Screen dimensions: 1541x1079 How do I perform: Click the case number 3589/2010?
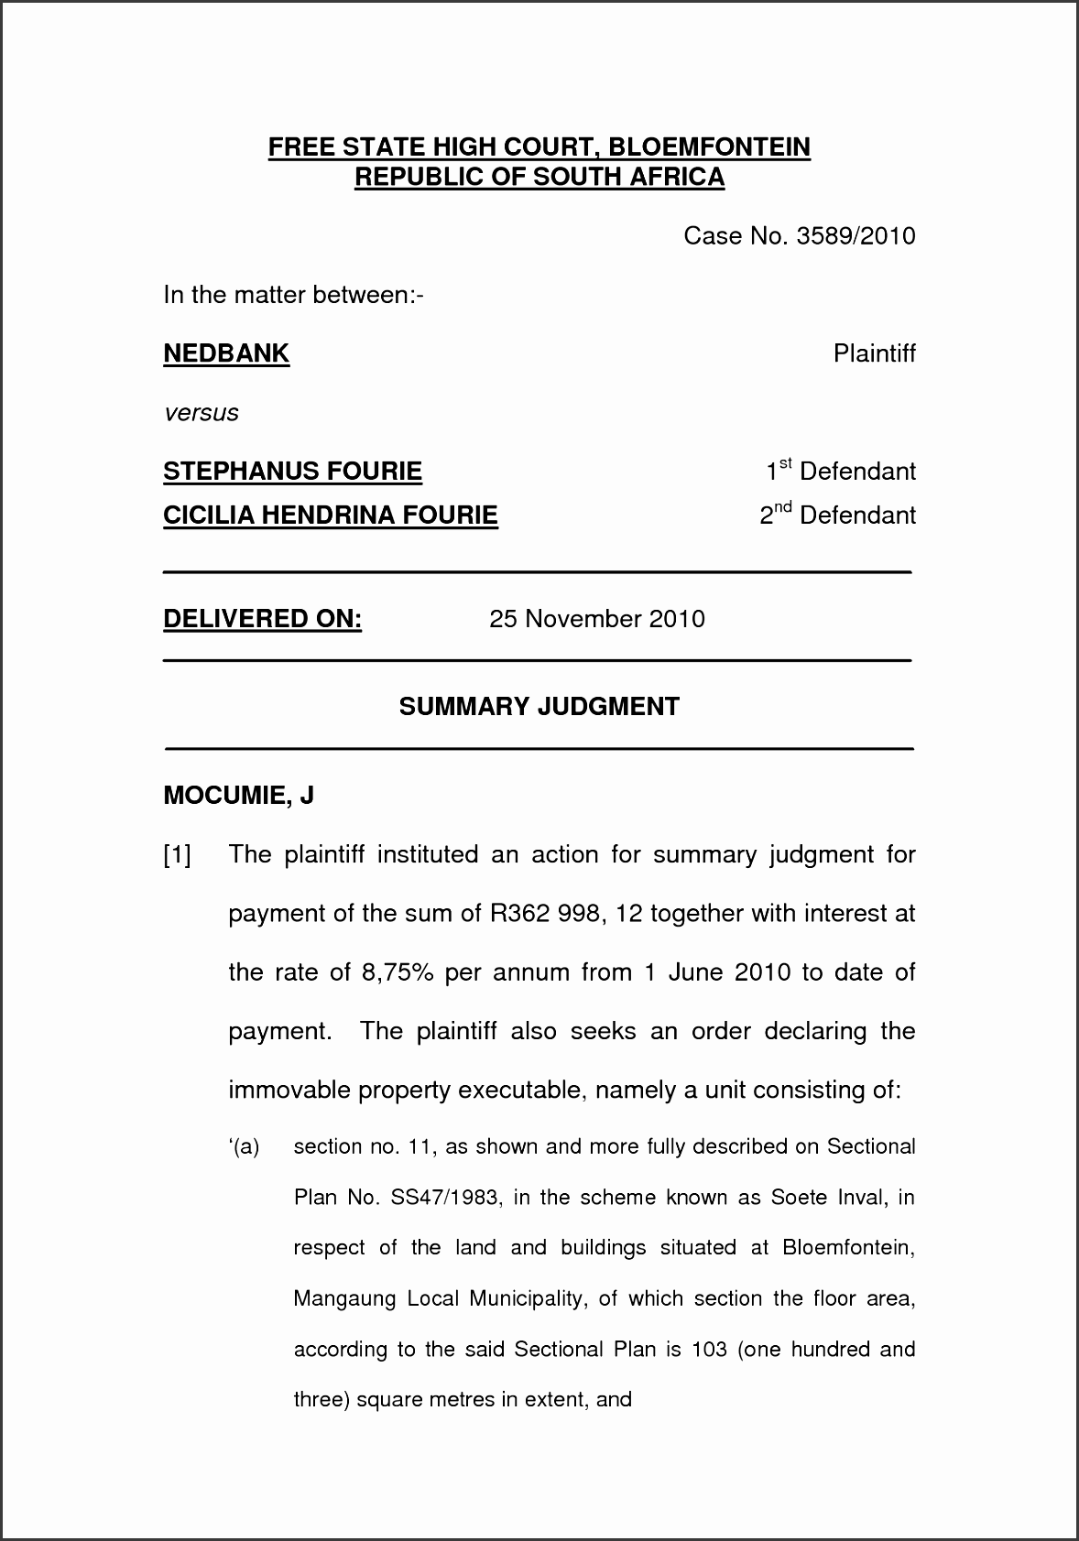(x=856, y=236)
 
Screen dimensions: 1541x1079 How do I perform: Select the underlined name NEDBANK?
(x=226, y=353)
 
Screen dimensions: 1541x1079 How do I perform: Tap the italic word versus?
(x=201, y=413)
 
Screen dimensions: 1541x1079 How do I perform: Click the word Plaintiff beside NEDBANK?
(x=874, y=353)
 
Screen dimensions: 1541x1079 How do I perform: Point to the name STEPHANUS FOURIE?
(x=292, y=472)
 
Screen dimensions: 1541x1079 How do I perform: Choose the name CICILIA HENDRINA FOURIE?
(x=330, y=515)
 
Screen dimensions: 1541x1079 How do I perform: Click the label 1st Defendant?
(x=840, y=472)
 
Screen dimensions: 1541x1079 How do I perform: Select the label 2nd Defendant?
(x=837, y=515)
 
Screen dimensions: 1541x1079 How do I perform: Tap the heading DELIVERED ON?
(x=262, y=619)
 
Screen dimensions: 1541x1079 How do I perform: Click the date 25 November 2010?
(x=596, y=619)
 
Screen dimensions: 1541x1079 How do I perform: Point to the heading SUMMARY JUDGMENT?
(x=539, y=707)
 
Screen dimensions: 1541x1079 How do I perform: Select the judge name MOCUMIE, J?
(x=238, y=795)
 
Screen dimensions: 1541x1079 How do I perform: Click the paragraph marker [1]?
(x=177, y=855)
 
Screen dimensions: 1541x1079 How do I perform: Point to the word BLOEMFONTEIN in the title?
(x=709, y=147)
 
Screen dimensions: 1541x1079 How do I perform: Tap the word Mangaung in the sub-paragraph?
(x=344, y=1298)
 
